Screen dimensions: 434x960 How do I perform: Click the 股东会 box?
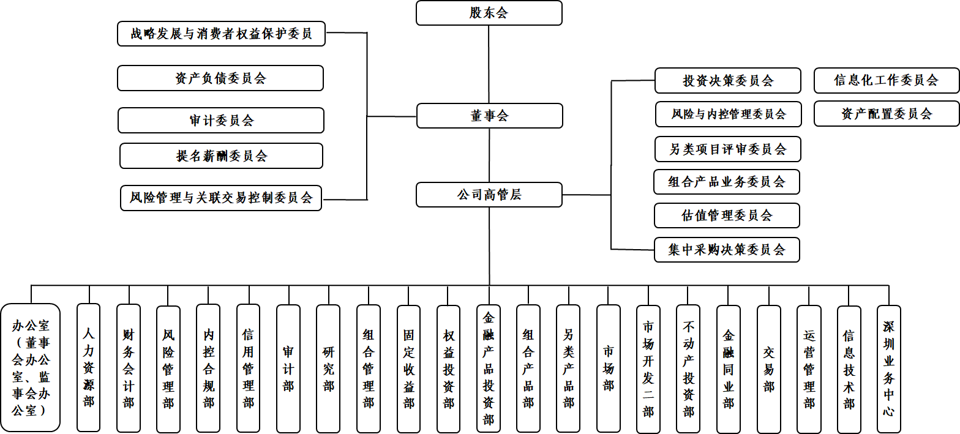point(489,13)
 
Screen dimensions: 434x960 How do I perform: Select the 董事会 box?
point(489,116)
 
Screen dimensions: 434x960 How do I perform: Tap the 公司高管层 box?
point(489,195)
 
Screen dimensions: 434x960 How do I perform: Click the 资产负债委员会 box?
point(220,78)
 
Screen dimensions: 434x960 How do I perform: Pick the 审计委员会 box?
point(221,121)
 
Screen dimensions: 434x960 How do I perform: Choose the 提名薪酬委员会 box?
point(221,156)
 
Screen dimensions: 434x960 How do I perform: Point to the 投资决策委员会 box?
point(727,81)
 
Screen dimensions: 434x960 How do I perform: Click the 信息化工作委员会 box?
point(886,80)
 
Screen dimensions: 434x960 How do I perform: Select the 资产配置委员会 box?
point(886,114)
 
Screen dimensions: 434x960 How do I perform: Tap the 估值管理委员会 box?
point(727,215)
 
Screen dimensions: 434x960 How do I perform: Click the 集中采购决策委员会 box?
point(727,250)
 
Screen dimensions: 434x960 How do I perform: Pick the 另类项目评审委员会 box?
point(727,149)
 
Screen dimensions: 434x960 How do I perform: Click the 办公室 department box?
point(31,367)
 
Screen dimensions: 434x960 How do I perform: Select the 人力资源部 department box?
point(89,367)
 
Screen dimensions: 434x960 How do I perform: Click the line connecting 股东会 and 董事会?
point(489,64)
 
